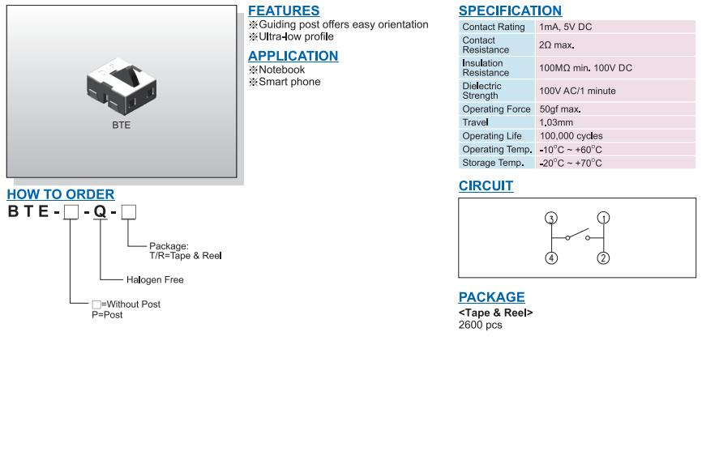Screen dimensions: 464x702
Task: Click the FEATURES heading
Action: [284, 11]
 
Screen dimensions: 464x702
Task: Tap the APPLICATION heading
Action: [293, 56]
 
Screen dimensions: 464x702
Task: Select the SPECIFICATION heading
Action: [510, 11]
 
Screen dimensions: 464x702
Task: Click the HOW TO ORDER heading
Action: [61, 194]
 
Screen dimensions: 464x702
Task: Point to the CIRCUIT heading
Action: [486, 185]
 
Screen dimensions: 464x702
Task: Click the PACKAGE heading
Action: [491, 297]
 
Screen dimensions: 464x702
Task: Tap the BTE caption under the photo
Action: [121, 126]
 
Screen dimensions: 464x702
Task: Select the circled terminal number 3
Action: [551, 218]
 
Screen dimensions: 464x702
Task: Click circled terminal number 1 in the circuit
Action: [603, 218]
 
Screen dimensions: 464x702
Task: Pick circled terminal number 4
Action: [551, 258]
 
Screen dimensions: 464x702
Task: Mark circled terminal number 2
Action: [603, 258]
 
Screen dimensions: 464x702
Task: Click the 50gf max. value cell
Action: [560, 109]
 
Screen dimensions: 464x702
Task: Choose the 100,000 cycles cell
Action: [571, 136]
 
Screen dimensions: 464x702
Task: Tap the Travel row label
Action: [475, 122]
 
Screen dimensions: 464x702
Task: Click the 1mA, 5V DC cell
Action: [565, 27]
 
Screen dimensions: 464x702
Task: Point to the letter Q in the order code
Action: [100, 213]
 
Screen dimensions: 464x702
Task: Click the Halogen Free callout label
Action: [155, 280]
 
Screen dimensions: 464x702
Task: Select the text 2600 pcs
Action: [481, 325]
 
